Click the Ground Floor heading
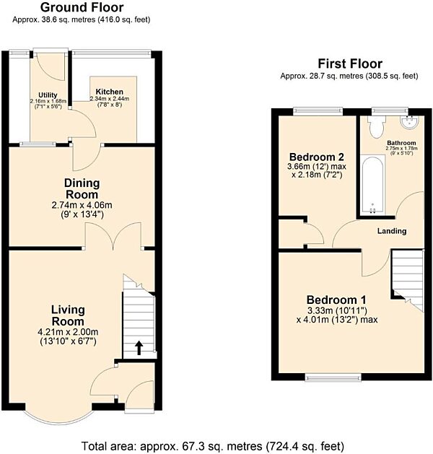coord(82,8)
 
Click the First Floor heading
coord(349,64)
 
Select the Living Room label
coord(68,315)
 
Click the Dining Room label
coord(82,189)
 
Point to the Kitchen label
coord(110,92)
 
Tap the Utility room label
coord(48,95)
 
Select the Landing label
coord(391,231)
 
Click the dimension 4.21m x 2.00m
coord(68,332)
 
